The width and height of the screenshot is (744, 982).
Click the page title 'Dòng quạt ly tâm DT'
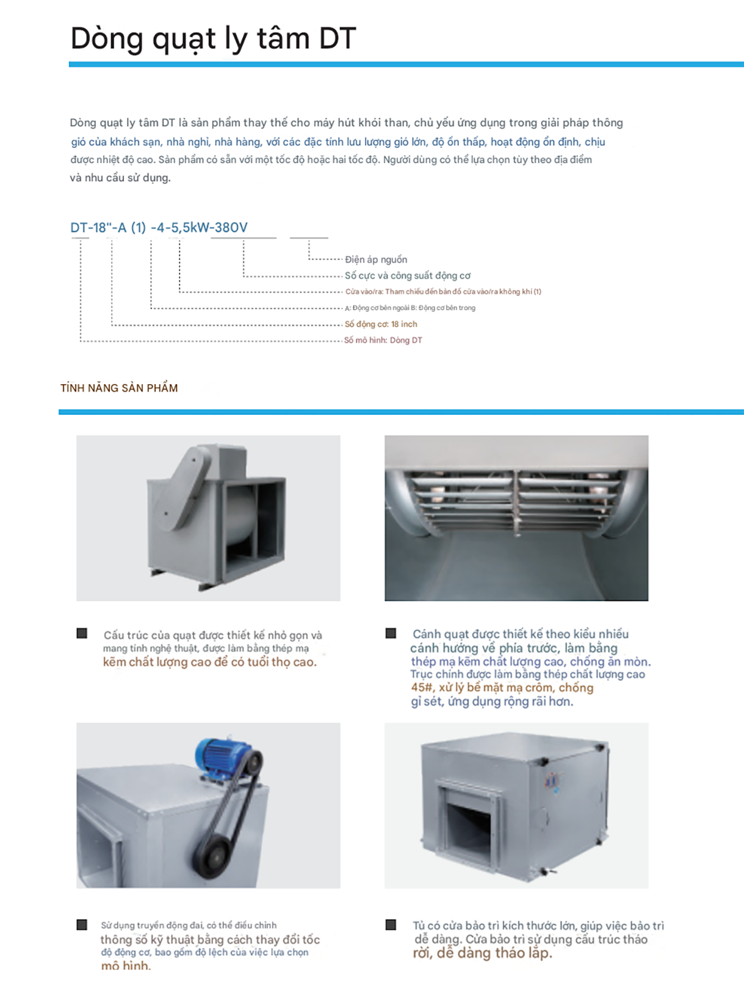tap(213, 38)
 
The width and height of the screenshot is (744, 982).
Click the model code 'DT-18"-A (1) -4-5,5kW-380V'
tap(159, 228)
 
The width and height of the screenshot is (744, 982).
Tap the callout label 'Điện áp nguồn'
tap(375, 260)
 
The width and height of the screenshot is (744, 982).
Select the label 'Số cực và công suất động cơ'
tap(407, 275)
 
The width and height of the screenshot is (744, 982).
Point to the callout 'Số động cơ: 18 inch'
tap(381, 324)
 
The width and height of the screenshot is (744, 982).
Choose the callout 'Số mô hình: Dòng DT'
tap(383, 340)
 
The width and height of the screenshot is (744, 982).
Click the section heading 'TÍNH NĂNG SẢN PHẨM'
tap(119, 388)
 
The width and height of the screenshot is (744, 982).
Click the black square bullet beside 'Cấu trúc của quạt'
tap(82, 633)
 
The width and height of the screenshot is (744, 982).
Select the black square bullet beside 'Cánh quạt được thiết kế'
tap(391, 633)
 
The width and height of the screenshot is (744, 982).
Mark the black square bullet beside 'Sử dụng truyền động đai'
tap(82, 925)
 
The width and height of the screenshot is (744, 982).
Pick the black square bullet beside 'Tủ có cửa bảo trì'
tap(391, 925)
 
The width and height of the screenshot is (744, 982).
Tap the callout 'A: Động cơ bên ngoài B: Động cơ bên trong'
tap(410, 308)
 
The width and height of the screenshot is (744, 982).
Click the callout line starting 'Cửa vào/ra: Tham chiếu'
tap(442, 292)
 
